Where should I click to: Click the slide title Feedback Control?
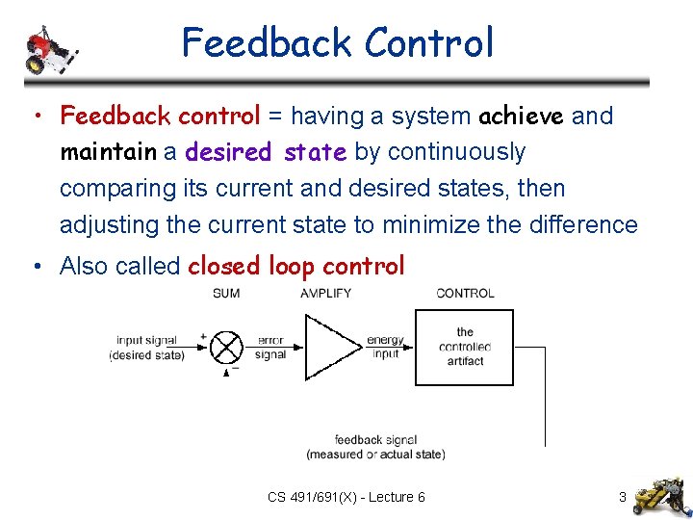pos(337,43)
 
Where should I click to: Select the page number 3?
pos(623,497)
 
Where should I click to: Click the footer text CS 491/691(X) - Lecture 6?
pos(346,497)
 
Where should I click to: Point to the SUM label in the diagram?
pos(226,293)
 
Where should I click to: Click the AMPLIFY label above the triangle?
pos(325,293)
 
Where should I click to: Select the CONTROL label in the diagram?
pos(465,293)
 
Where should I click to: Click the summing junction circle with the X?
pos(227,347)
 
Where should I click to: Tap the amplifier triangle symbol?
pos(332,347)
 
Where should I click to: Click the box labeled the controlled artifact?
pos(464,347)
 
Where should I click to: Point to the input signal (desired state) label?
pos(147,348)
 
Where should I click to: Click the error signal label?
pos(270,348)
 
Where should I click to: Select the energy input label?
pos(385,347)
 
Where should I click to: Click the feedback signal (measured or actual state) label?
pos(375,447)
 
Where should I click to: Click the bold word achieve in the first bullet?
pos(522,117)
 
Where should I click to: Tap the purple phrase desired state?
pos(267,152)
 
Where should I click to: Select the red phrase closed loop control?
pos(296,266)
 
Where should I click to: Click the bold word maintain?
pos(108,152)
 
